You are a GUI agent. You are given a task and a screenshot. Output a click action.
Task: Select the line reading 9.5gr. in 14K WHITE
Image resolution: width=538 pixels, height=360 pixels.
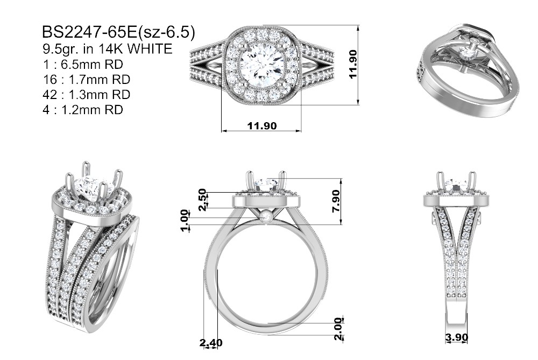pos(107,49)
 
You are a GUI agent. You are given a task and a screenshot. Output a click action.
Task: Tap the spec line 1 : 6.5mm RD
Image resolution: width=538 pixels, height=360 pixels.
pos(83,64)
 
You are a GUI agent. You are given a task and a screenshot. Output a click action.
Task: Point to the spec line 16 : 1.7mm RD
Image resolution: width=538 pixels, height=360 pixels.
pos(87,79)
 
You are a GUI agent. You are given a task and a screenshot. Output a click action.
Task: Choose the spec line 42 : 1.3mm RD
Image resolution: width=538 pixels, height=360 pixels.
pos(87,94)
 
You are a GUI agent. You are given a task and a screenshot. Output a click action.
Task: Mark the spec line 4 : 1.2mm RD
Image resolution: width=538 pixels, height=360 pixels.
pos(83,110)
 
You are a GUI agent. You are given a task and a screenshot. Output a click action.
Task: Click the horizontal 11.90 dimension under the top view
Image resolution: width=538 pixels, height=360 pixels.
pos(262,125)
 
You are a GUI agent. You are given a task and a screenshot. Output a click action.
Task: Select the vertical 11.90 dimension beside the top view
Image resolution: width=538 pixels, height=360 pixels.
pos(353,64)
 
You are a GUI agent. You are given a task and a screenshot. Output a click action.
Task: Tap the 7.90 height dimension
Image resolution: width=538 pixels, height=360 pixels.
pos(336,201)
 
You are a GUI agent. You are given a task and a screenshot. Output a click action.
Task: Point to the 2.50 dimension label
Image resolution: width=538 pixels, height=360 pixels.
pos(203,200)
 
